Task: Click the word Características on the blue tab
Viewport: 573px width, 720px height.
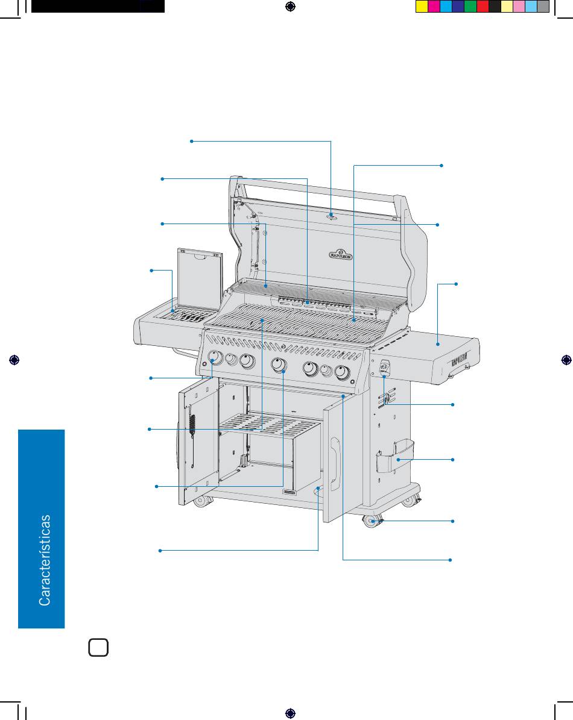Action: tap(45, 560)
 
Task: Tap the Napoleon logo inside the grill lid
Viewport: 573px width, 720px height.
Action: tap(341, 254)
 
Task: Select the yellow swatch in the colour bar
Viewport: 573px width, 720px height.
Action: tap(422, 7)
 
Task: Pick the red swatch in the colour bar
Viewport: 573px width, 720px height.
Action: tap(483, 7)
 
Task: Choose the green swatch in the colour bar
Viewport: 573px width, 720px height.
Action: tap(470, 7)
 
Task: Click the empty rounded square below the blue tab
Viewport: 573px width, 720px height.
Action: tap(98, 648)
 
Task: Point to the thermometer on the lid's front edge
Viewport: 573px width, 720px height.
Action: tap(332, 216)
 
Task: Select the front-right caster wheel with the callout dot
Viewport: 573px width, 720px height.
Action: tap(370, 522)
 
